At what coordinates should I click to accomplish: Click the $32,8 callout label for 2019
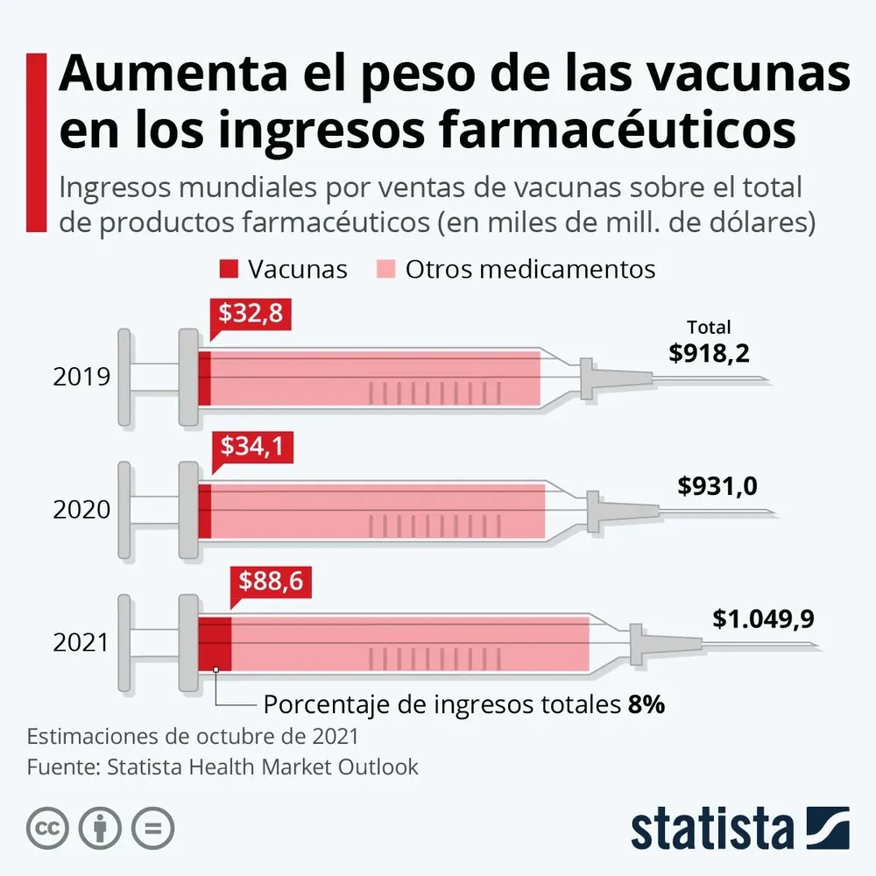(x=251, y=314)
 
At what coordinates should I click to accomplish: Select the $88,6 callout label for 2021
(x=272, y=582)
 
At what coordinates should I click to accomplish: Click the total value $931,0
(x=717, y=486)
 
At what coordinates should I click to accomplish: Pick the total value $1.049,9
(x=762, y=618)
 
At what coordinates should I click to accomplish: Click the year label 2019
(x=81, y=378)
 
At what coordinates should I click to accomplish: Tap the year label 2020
(x=81, y=510)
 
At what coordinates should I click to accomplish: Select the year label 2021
(x=81, y=642)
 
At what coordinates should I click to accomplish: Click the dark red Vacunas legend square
(x=229, y=269)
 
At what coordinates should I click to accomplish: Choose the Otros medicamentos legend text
(x=530, y=269)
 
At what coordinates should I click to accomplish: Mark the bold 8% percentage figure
(x=646, y=704)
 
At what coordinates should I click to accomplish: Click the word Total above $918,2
(x=709, y=328)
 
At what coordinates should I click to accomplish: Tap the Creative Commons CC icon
(x=48, y=827)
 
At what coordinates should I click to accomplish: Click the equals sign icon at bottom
(x=152, y=827)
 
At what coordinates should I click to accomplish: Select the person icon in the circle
(x=101, y=827)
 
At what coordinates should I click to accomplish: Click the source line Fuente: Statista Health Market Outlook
(x=223, y=766)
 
